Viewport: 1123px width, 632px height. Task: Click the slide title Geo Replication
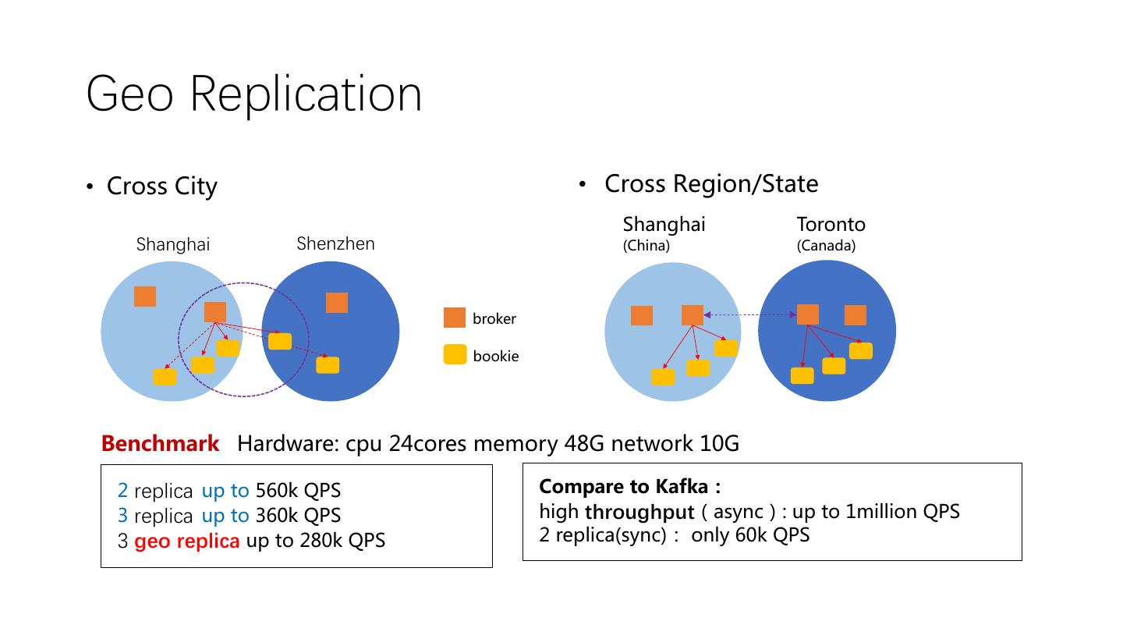(x=253, y=94)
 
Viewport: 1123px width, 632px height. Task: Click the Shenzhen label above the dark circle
(x=335, y=244)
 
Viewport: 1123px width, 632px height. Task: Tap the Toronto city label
(x=831, y=225)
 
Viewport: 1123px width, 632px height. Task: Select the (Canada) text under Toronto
(x=826, y=246)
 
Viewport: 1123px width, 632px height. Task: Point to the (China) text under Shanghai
(x=646, y=246)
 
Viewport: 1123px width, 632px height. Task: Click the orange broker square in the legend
(x=455, y=318)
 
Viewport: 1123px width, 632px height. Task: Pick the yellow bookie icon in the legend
(x=455, y=355)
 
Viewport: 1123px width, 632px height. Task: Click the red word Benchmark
(x=160, y=444)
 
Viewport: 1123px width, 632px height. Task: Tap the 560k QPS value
(x=298, y=491)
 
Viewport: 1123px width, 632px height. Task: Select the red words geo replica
(x=186, y=541)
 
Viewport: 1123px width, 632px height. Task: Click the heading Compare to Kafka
(x=629, y=487)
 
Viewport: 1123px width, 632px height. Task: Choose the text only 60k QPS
(x=750, y=535)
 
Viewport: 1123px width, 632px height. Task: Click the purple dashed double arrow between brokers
(x=750, y=314)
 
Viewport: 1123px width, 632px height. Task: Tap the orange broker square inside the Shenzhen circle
(x=337, y=302)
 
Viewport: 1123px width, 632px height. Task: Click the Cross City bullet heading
(x=161, y=186)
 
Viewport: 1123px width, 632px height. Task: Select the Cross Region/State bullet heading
(x=710, y=184)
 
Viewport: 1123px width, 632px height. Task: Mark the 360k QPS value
(x=298, y=516)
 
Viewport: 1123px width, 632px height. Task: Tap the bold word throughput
(x=639, y=513)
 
